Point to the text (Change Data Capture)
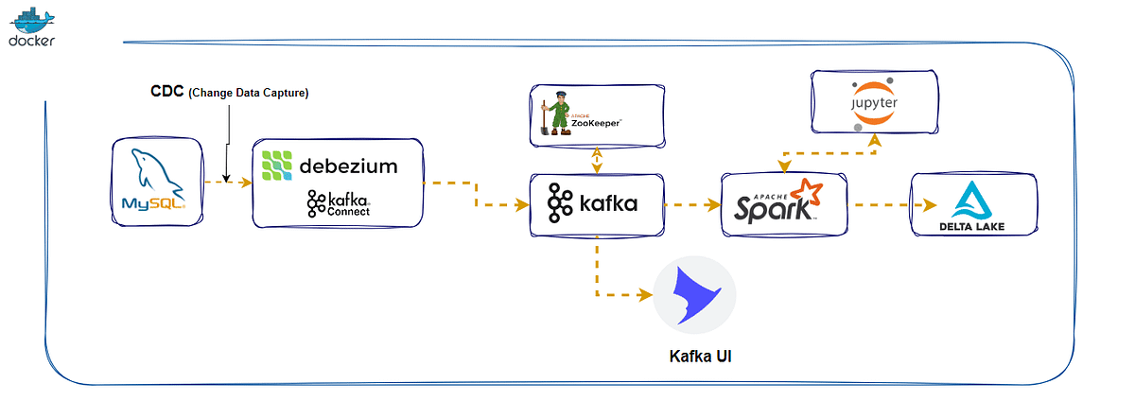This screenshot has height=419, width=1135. click(x=249, y=93)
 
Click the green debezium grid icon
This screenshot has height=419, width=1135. click(x=278, y=166)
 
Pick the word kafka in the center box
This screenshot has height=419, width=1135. click(x=608, y=202)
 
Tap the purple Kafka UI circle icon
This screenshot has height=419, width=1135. click(x=695, y=294)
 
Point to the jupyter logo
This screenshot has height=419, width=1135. click(x=874, y=103)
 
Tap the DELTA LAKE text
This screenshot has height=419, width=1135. click(x=971, y=227)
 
